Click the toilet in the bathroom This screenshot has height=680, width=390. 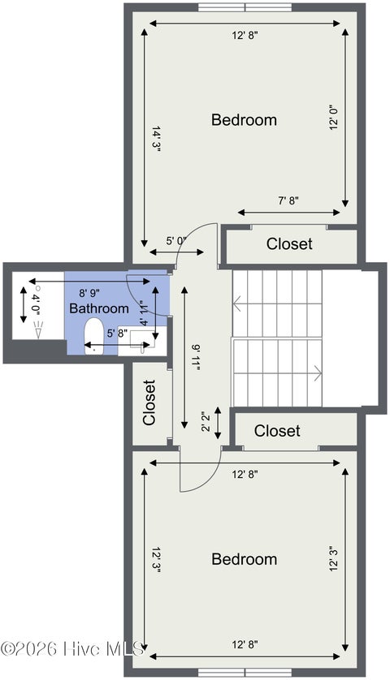click(93, 336)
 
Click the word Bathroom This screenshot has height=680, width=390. click(99, 308)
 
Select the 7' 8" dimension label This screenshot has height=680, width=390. click(288, 200)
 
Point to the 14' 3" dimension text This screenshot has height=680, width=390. click(156, 138)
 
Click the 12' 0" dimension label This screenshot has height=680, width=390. click(334, 118)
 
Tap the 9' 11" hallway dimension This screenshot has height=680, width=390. click(197, 358)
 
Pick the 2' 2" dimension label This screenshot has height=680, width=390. click(206, 421)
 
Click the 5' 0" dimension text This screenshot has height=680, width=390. click(176, 241)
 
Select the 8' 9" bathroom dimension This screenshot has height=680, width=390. click(89, 293)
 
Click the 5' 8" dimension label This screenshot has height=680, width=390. click(117, 333)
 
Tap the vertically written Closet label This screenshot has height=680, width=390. click(149, 402)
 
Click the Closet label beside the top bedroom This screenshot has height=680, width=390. click(289, 243)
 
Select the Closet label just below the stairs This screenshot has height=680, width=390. click(277, 431)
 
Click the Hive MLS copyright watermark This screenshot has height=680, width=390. click(72, 649)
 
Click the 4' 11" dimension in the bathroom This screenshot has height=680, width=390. click(144, 312)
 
